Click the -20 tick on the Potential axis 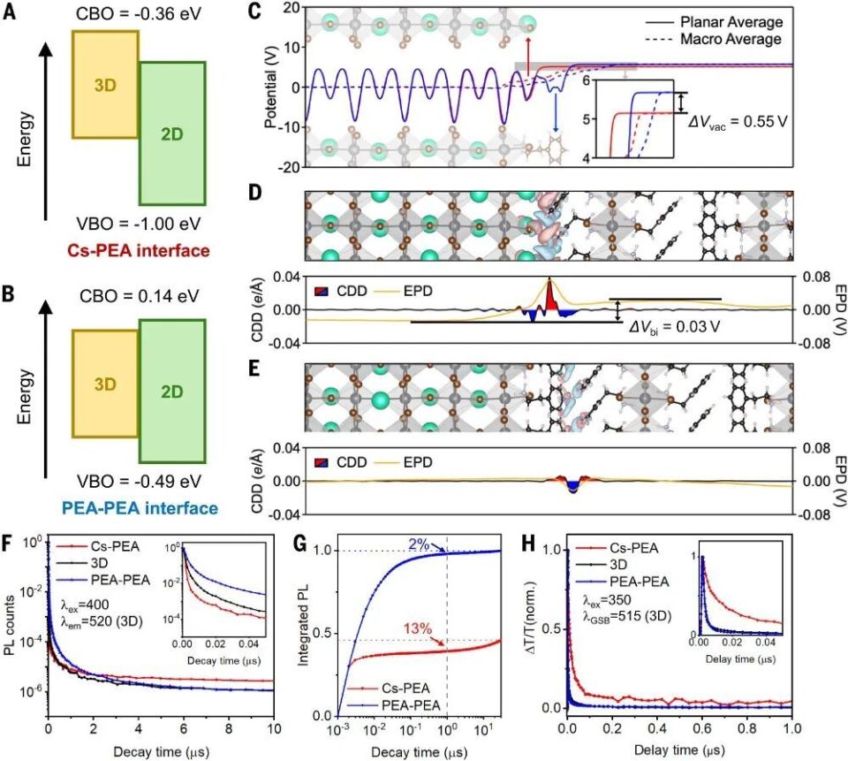click(x=289, y=166)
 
